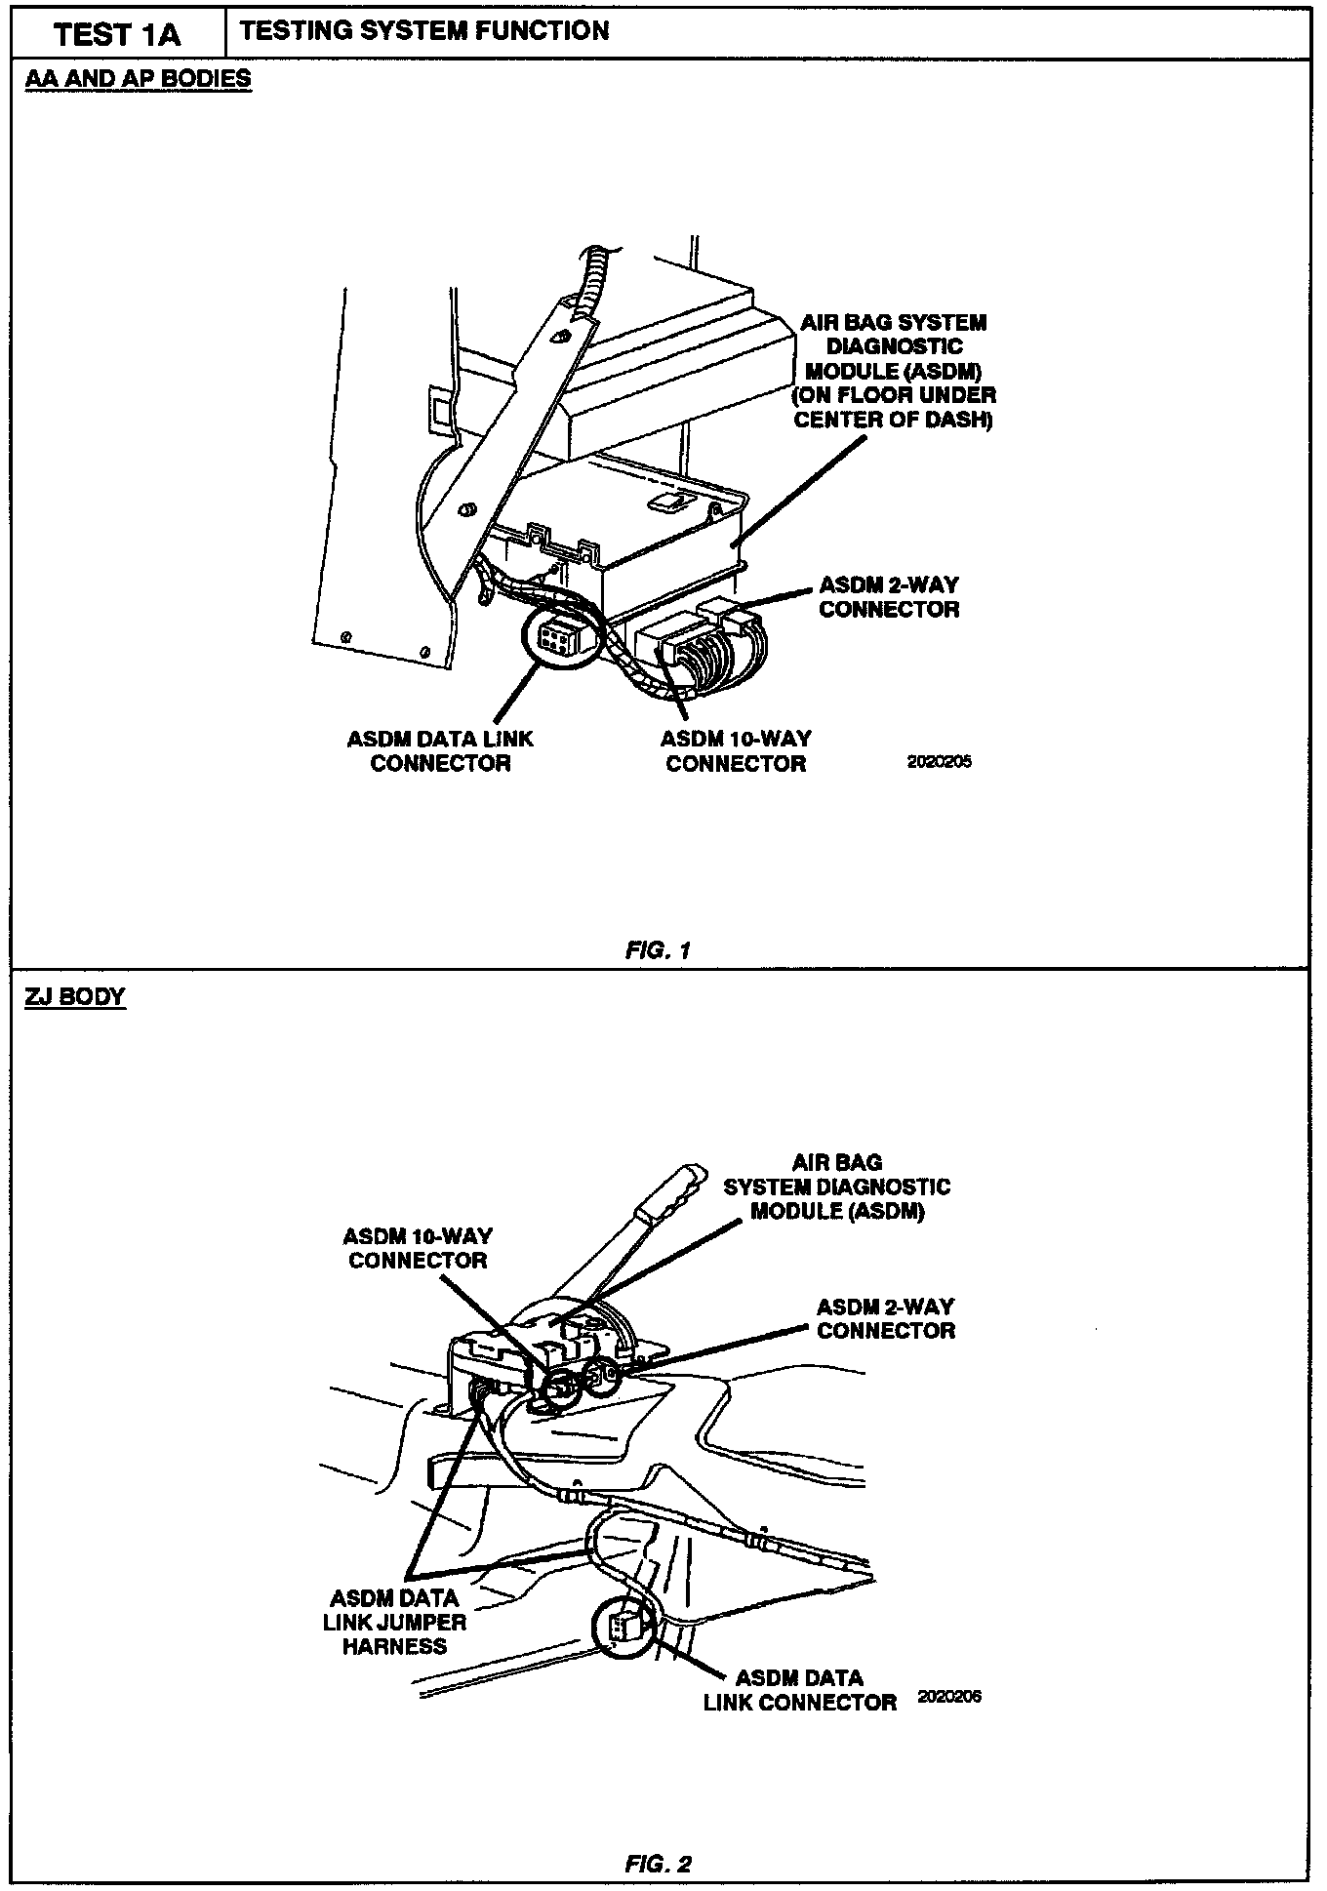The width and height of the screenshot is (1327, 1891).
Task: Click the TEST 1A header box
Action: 118,35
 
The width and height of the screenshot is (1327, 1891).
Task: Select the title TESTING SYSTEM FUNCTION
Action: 424,31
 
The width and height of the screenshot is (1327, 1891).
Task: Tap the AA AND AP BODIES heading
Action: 138,79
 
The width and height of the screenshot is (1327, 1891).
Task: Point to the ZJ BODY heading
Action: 75,997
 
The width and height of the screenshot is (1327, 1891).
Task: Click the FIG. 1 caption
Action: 658,950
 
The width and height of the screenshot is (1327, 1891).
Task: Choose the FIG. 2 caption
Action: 658,1864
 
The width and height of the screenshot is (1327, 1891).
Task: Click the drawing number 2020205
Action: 939,762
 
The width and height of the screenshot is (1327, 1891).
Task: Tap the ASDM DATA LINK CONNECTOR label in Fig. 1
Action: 440,751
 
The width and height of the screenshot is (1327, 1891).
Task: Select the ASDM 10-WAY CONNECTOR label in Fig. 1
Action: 736,751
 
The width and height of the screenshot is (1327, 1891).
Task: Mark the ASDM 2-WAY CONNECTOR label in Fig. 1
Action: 889,597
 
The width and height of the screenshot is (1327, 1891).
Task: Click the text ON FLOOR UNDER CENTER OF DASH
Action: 894,408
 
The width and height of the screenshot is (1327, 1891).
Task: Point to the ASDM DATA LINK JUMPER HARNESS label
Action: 394,1622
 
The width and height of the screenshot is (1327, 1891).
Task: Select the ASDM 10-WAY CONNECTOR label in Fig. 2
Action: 418,1248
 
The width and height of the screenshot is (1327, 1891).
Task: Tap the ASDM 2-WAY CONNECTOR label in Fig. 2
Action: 886,1318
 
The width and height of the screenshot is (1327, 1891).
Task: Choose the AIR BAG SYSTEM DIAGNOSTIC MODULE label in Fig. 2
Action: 836,1187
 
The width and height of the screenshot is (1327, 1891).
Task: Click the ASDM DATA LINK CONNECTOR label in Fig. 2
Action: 799,1690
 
